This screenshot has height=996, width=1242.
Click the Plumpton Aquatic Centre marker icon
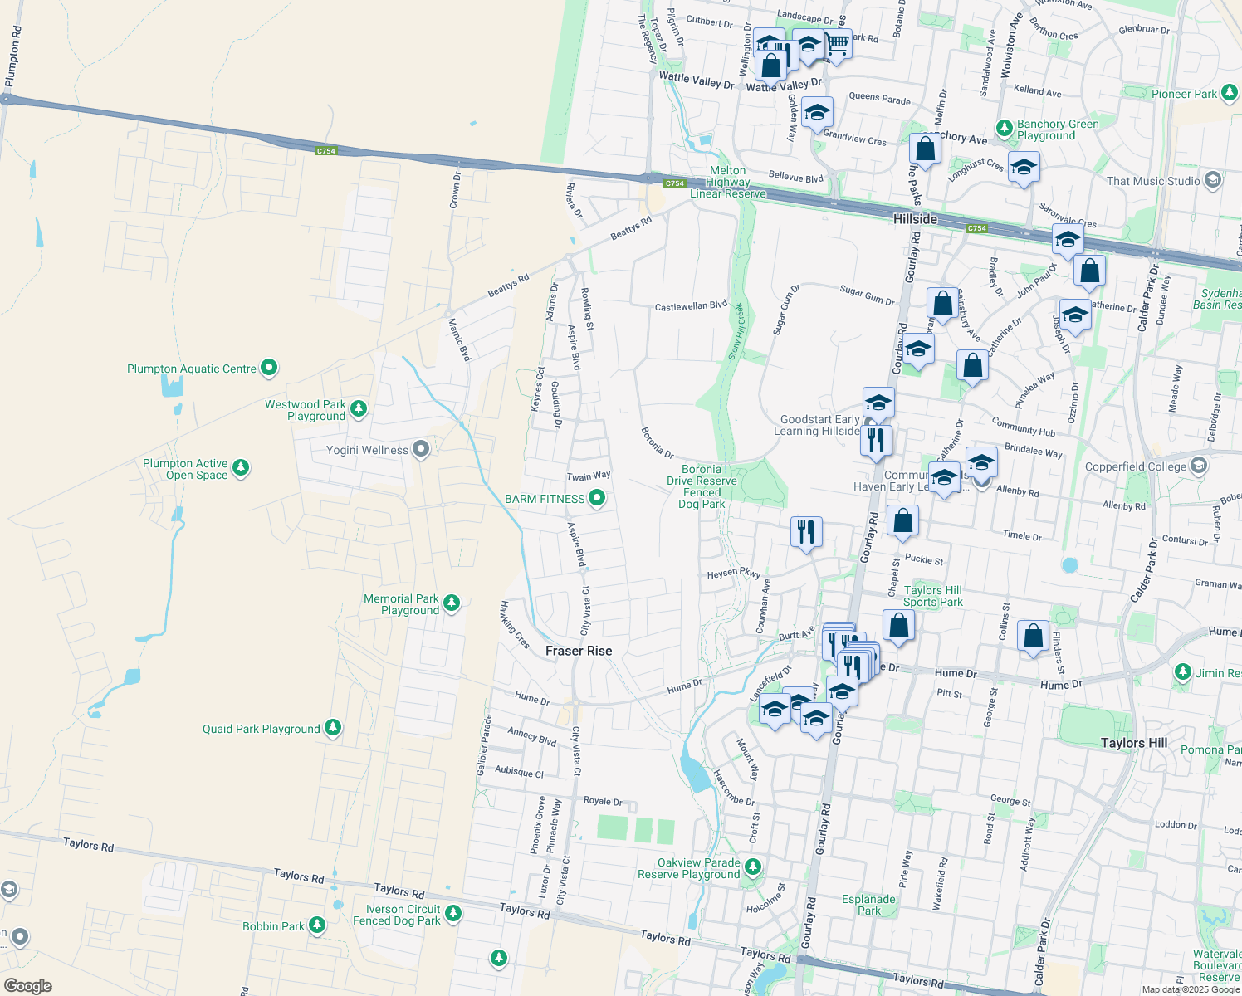pos(268,368)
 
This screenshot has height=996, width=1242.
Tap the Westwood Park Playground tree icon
pos(359,408)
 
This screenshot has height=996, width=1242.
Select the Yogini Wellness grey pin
pos(421,450)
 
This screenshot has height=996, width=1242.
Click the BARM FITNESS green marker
pos(597,499)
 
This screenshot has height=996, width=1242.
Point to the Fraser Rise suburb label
pos(579,651)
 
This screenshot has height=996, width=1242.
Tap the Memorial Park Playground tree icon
pos(452,603)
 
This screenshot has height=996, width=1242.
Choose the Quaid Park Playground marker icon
pos(333,728)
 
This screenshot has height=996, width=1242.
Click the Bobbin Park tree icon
pos(317,925)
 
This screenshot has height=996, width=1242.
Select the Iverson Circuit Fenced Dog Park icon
pos(452,914)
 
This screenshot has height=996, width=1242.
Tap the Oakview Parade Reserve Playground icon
pos(752,867)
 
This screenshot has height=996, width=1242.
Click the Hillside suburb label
pos(915,219)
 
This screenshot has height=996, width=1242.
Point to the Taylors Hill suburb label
pos(1134,743)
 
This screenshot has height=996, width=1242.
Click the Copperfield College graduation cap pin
pos(1199,466)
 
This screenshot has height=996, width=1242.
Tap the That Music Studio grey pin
pos(1213,180)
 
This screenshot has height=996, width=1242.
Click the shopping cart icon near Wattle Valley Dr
pos(837,43)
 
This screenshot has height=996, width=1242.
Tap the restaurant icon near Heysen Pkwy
pos(806,530)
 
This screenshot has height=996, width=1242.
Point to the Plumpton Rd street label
pos(12,56)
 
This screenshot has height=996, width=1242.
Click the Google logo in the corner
pos(27,985)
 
